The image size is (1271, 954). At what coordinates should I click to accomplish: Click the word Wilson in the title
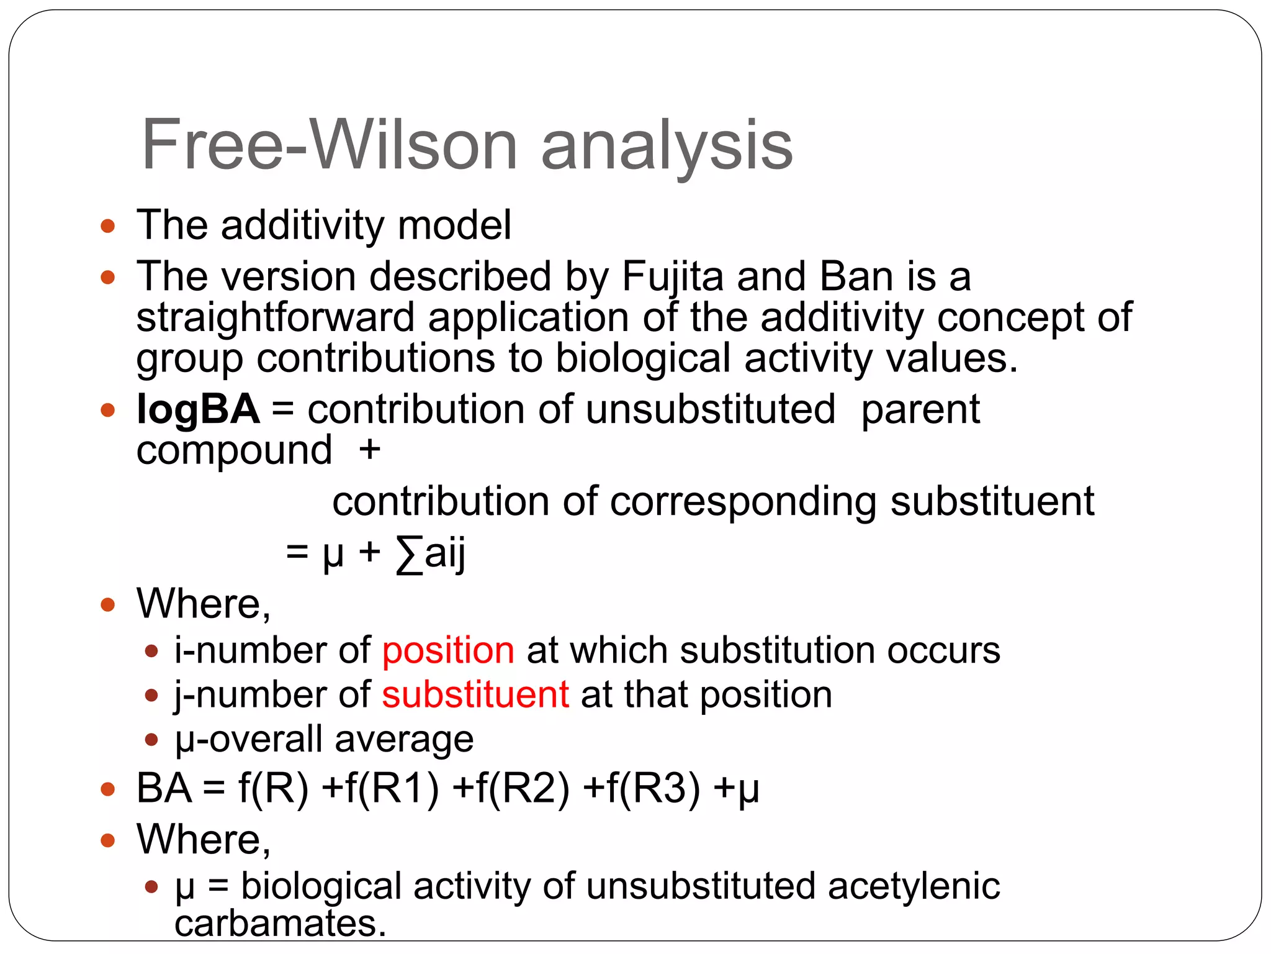pos(413,145)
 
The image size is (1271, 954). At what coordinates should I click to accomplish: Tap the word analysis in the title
pos(667,147)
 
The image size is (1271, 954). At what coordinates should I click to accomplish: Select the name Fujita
pos(672,276)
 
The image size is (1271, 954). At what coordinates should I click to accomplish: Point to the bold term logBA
pos(198,410)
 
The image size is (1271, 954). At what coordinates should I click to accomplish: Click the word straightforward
pos(275,318)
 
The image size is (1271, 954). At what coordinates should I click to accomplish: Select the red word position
pos(448,651)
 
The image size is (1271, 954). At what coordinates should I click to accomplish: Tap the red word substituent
pos(475,694)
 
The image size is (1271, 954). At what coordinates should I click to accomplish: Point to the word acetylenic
pos(914,886)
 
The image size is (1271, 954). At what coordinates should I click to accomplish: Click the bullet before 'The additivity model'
pos(108,225)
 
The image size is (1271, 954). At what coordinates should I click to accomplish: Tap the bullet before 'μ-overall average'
pos(151,740)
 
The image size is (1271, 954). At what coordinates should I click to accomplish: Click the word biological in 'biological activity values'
pos(643,359)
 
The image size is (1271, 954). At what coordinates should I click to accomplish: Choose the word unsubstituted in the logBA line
pos(711,410)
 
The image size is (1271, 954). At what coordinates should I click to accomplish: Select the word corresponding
pos(743,502)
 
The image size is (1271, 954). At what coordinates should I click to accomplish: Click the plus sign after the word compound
pos(370,450)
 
